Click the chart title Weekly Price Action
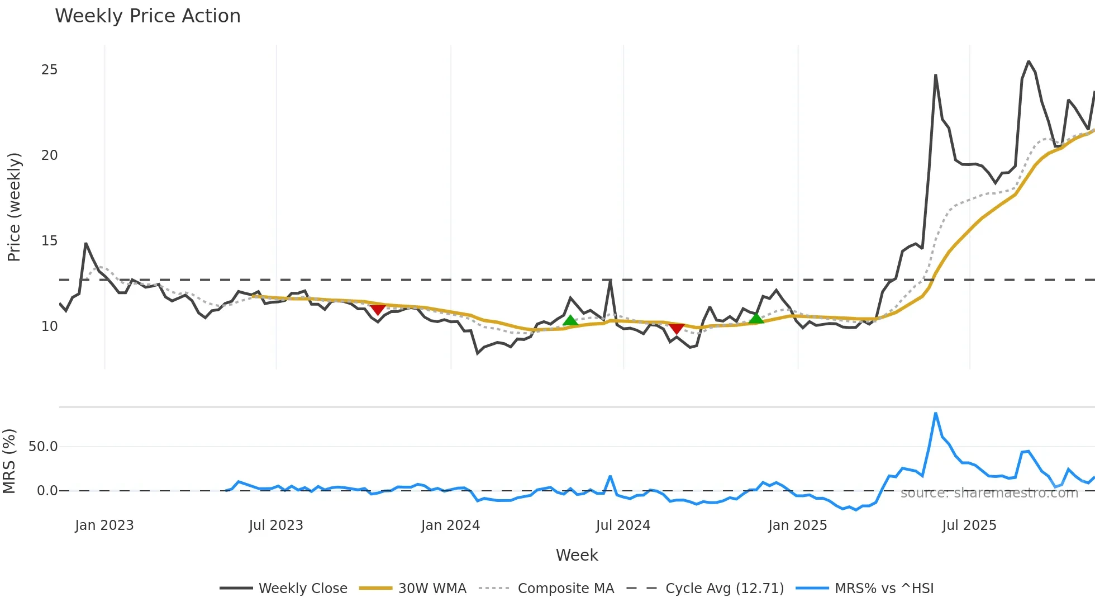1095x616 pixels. click(x=147, y=16)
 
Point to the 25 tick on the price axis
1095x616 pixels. click(x=49, y=70)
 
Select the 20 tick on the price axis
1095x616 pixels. click(x=49, y=155)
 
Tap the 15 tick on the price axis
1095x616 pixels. click(x=49, y=241)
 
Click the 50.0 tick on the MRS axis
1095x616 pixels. click(x=43, y=447)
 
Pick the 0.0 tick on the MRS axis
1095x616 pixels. click(x=47, y=491)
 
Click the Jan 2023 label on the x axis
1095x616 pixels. click(x=104, y=525)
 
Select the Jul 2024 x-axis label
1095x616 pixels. click(x=623, y=525)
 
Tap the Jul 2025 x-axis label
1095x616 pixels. click(x=969, y=525)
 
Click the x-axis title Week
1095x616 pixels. click(x=577, y=555)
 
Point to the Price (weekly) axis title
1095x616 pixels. click(x=14, y=207)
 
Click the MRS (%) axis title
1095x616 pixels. click(x=9, y=461)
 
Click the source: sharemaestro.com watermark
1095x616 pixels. click(x=989, y=493)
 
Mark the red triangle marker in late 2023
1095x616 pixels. click(x=378, y=309)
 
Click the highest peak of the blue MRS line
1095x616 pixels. click(x=936, y=414)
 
